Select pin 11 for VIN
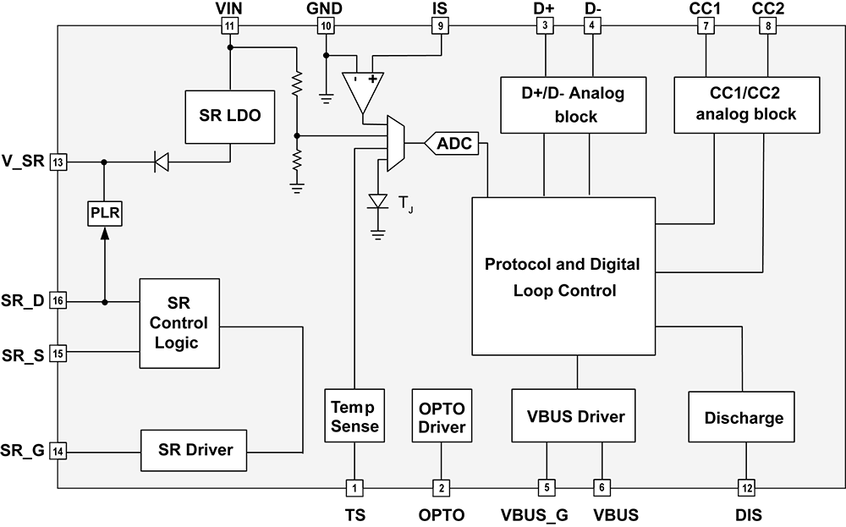tap(230, 26)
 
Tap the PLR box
tap(105, 212)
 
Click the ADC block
tap(453, 145)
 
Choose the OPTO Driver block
tap(442, 417)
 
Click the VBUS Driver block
tap(574, 416)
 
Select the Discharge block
tap(742, 417)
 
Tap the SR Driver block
tap(195, 450)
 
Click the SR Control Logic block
tap(180, 323)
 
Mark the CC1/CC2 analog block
tap(746, 105)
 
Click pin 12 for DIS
tap(746, 487)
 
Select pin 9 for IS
tap(440, 26)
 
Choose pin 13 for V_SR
tap(58, 162)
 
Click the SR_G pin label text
tap(23, 450)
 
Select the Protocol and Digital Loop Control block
tap(563, 277)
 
